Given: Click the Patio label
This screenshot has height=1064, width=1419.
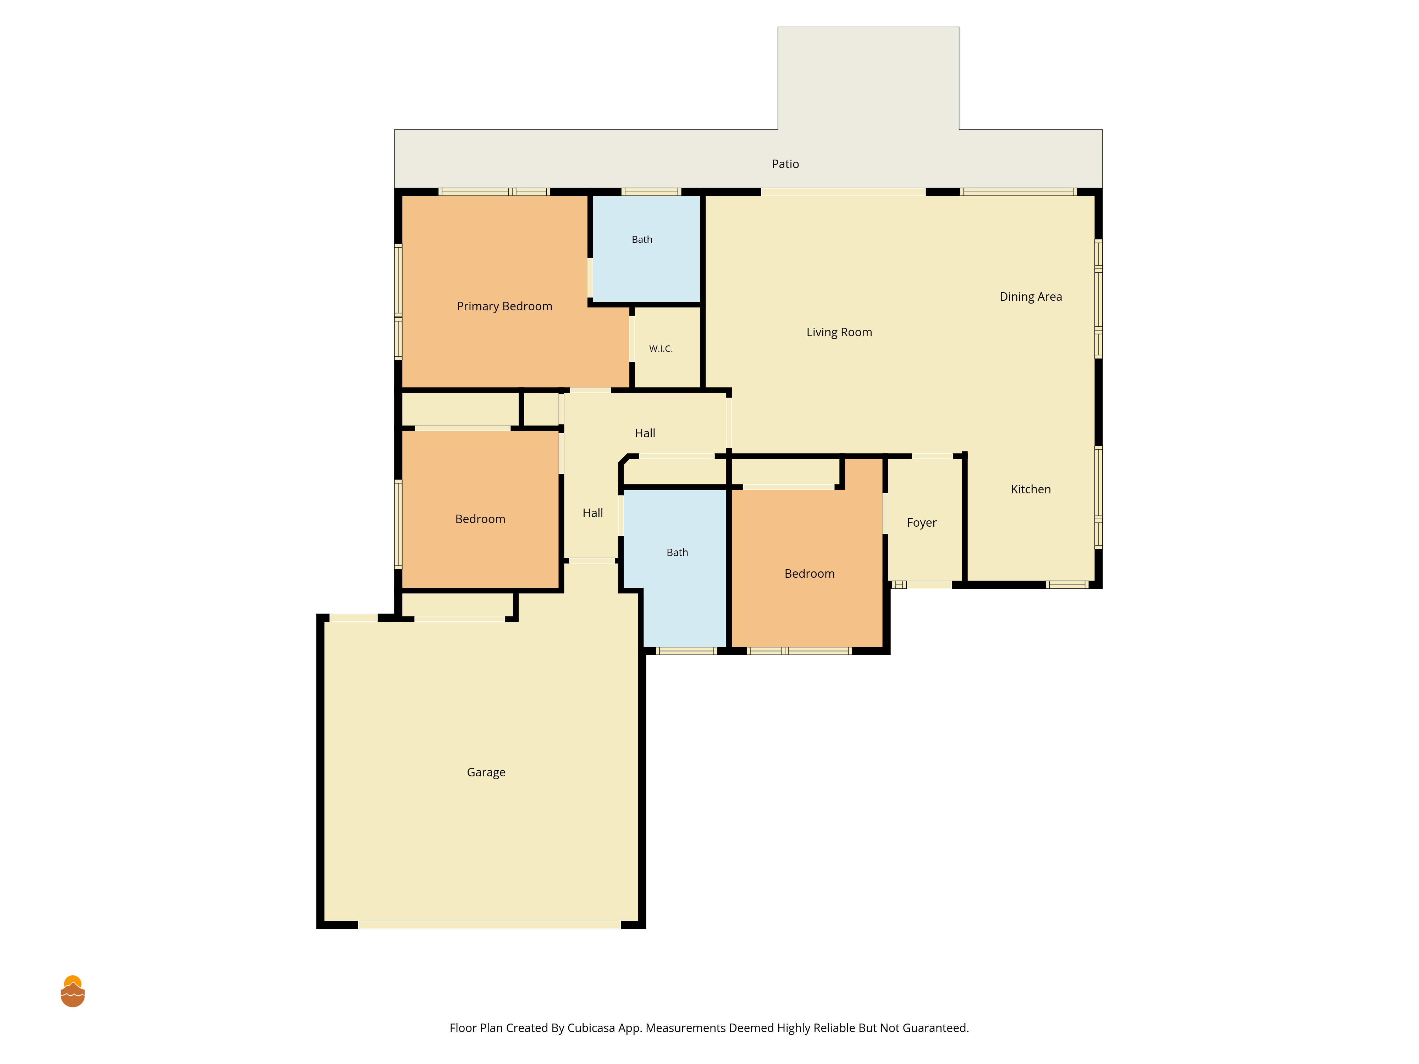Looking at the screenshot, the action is coord(785,164).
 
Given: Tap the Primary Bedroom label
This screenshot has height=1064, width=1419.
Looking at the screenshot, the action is coord(504,306).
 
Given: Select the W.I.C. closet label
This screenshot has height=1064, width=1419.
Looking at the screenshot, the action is coord(661,349).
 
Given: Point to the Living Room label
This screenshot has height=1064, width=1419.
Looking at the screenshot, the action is coord(839,332).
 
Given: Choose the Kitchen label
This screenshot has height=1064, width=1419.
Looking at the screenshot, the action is coord(1031,489).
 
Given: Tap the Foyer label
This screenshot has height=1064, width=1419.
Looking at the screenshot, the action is coord(922,523).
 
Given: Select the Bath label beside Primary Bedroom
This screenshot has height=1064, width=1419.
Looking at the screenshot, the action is coord(642,240).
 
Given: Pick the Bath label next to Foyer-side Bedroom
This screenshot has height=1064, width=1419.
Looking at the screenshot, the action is coord(678,553).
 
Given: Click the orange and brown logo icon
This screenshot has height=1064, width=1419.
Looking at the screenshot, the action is coord(72,992).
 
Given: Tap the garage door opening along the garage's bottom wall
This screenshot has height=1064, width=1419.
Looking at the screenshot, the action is coord(490,925).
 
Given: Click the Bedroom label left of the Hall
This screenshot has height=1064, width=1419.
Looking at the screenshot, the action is coord(480,520).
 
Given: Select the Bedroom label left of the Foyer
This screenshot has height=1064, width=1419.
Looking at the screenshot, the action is coord(810,574).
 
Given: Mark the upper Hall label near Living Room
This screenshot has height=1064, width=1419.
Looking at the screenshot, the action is coord(645,433).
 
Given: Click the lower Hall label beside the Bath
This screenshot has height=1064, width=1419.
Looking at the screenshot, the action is coord(593,513).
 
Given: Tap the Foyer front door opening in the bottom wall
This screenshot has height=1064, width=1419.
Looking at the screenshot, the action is coord(929,585).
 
